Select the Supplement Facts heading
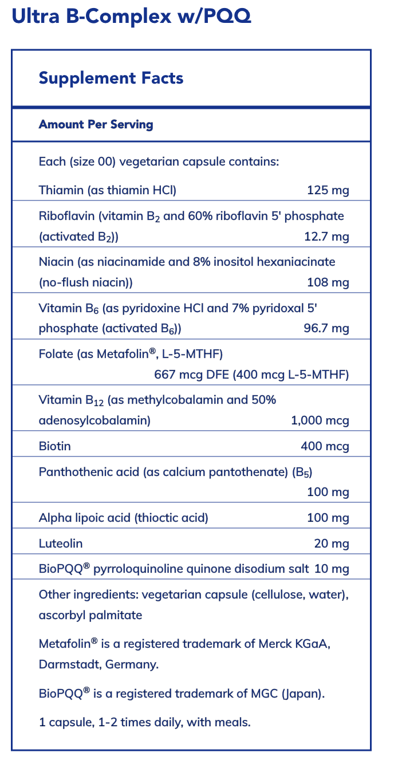(111, 78)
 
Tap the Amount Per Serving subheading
(96, 124)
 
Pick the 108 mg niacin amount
(328, 282)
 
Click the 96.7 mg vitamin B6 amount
(326, 328)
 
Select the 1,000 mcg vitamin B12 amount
(320, 421)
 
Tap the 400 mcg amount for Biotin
(325, 446)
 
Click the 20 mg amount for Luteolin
(332, 543)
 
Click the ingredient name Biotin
(55, 446)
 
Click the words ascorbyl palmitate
(90, 616)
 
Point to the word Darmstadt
(65, 665)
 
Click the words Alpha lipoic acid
(85, 518)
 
